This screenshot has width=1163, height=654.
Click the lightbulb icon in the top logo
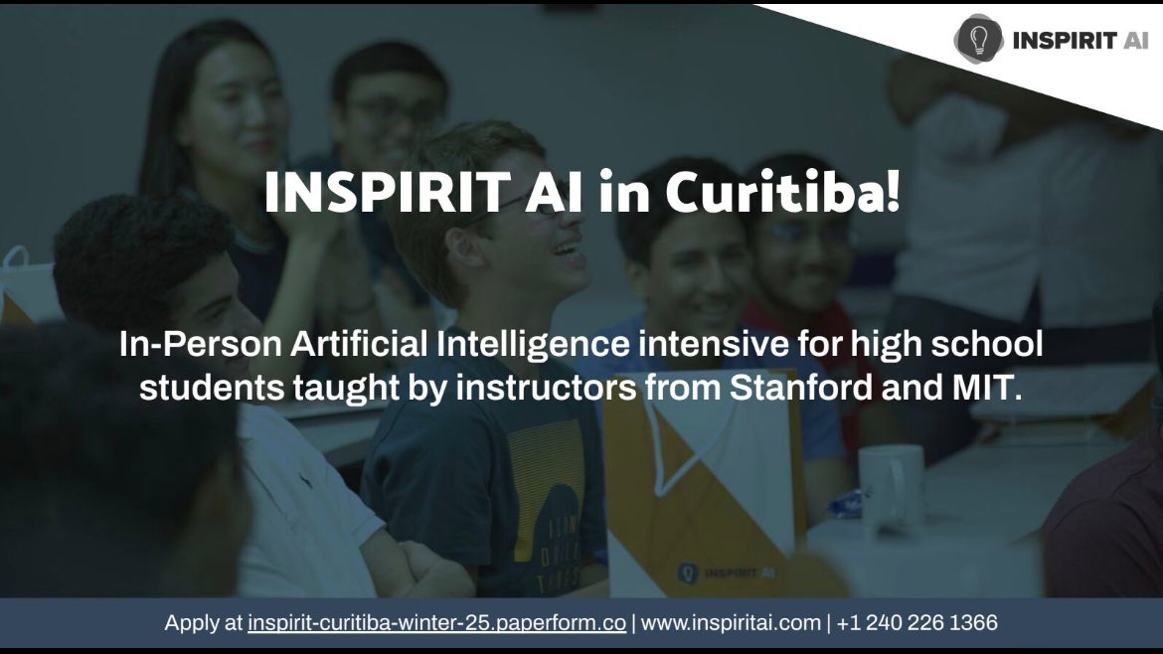click(979, 40)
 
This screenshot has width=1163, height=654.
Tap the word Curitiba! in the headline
click(783, 193)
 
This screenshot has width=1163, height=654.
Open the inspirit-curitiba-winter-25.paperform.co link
click(436, 623)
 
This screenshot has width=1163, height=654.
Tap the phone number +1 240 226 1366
click(916, 623)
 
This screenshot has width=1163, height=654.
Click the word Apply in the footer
click(190, 623)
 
